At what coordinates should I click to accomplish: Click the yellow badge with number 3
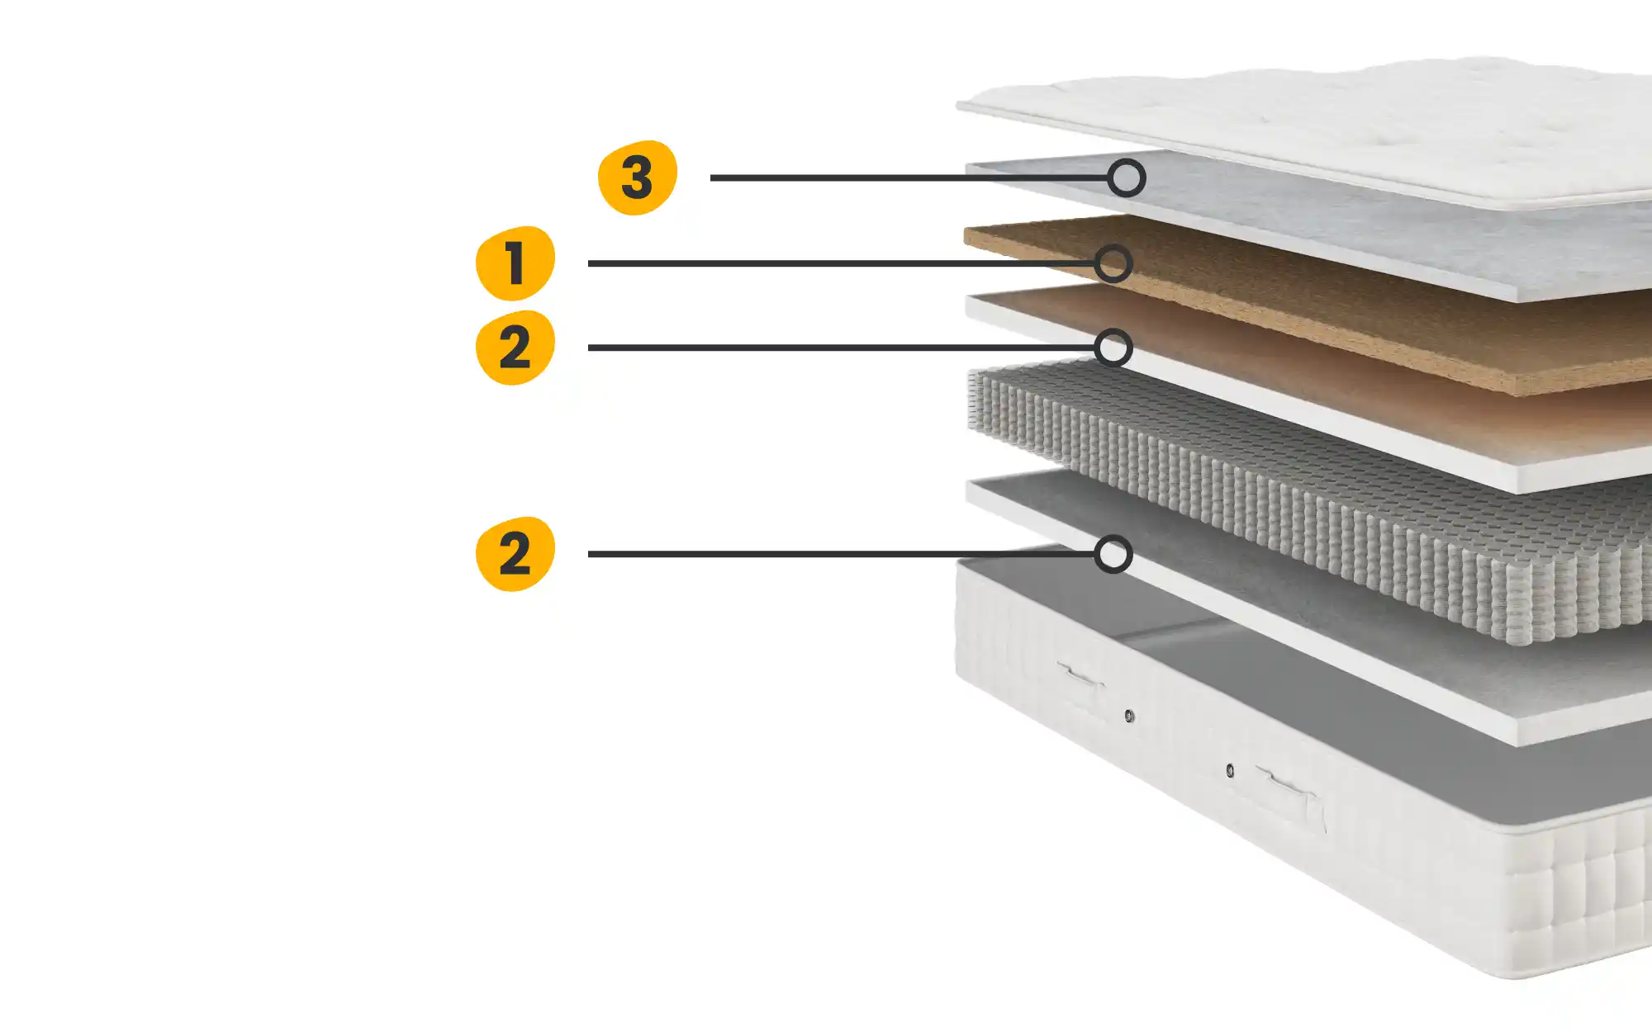click(x=637, y=178)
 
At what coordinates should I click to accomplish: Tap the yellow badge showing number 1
click(x=515, y=263)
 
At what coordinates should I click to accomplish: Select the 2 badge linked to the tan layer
click(x=515, y=348)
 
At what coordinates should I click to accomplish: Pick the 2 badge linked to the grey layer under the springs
click(x=515, y=554)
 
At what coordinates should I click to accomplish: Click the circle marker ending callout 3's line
click(x=1127, y=178)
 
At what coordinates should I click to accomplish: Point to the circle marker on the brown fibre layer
click(x=1113, y=263)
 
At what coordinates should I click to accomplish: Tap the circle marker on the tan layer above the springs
click(x=1113, y=348)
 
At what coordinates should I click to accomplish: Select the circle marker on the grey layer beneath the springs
click(x=1113, y=554)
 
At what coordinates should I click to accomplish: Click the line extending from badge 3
click(x=909, y=178)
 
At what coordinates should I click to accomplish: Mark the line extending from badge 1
click(x=841, y=263)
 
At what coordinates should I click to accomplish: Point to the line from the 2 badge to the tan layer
click(x=841, y=348)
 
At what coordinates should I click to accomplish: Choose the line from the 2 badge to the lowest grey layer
click(x=841, y=554)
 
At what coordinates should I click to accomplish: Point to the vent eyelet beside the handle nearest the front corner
click(x=1230, y=770)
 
